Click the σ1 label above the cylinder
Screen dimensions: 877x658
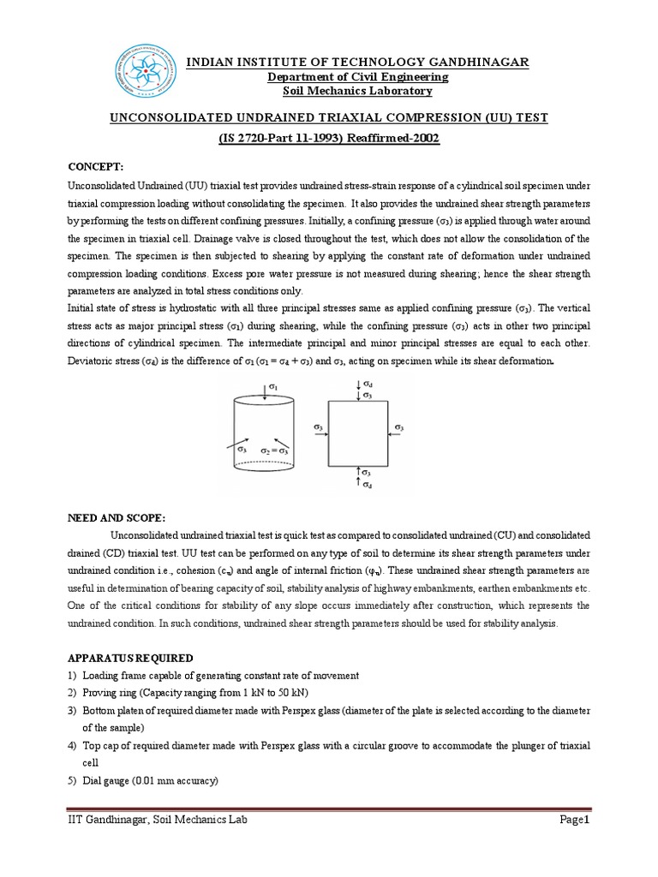click(272, 388)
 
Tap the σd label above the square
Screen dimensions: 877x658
click(368, 385)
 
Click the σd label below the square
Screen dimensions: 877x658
click(368, 485)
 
